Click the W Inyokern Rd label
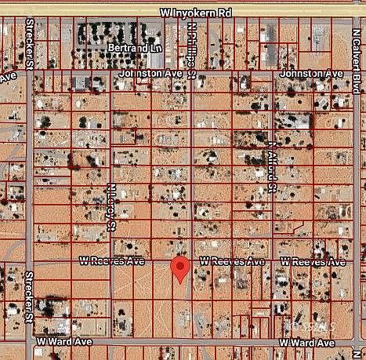[x=196, y=13]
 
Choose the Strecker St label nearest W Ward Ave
[x=30, y=291]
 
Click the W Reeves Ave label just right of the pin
[x=233, y=260]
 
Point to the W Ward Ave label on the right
[x=312, y=343]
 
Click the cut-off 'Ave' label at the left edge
[x=7, y=77]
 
